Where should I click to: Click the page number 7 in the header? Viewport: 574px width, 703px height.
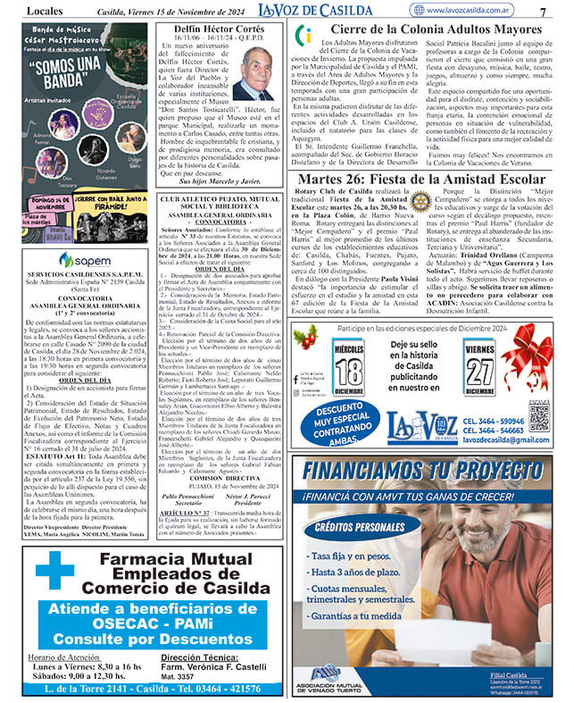[544, 11]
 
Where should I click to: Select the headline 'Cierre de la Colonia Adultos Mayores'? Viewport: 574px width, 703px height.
[432, 29]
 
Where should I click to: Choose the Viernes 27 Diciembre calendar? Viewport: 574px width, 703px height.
[480, 364]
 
